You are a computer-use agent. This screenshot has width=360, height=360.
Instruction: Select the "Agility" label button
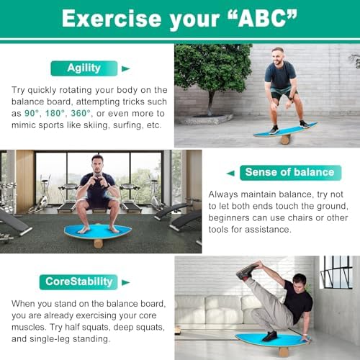click(x=84, y=68)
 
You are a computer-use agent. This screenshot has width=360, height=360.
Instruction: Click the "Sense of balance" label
click(x=289, y=172)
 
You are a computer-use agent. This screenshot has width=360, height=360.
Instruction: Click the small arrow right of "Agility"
click(x=126, y=69)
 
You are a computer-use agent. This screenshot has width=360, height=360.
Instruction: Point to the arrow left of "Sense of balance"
click(x=230, y=173)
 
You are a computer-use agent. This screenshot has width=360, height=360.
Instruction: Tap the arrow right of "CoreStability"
click(x=126, y=282)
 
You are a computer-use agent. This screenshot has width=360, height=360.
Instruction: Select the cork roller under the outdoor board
click(x=285, y=139)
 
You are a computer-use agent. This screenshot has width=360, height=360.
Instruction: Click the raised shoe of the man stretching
click(x=248, y=272)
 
